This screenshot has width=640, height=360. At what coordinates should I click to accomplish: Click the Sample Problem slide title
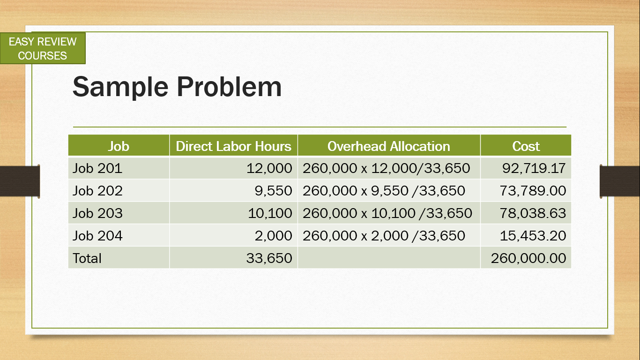[177, 88]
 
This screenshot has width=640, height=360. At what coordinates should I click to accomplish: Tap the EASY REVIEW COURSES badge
[43, 48]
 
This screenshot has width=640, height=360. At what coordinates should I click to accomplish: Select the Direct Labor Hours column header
[233, 146]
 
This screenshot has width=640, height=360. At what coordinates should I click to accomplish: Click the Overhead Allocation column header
[388, 146]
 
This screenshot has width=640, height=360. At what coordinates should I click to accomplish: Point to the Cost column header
[526, 146]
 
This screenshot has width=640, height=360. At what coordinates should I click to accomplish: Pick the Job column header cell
[119, 146]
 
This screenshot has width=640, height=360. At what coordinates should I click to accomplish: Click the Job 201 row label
[97, 168]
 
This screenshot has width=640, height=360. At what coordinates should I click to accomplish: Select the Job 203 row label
[97, 213]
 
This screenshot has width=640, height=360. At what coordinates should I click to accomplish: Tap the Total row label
[87, 258]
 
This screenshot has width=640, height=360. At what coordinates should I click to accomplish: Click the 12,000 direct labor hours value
[269, 168]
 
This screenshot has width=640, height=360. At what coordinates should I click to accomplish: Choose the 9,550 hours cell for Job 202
[273, 191]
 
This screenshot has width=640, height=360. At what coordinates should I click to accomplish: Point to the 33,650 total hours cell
[269, 258]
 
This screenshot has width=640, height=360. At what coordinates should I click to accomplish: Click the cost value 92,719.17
[534, 168]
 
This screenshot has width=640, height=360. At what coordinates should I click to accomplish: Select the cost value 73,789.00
[533, 191]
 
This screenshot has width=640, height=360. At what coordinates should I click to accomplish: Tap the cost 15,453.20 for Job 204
[533, 236]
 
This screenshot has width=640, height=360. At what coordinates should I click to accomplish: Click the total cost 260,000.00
[528, 258]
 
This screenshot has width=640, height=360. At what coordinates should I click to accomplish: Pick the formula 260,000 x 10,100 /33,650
[387, 213]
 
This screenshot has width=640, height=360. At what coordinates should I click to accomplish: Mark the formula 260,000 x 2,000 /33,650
[384, 236]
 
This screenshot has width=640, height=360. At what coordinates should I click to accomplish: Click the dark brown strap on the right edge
[620, 181]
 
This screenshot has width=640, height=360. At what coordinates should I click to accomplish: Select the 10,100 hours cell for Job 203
[270, 213]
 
